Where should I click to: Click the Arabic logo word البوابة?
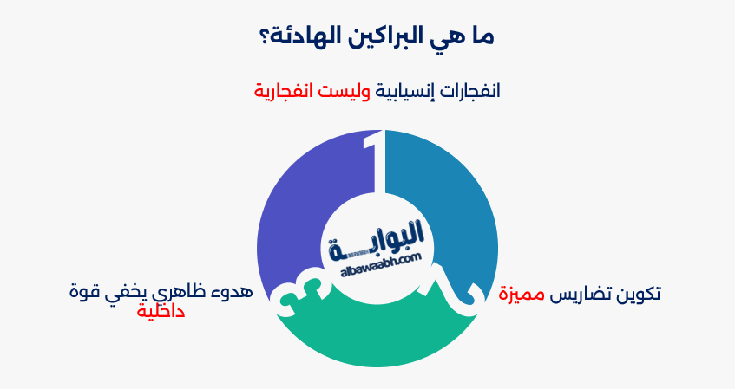click(x=376, y=235)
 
